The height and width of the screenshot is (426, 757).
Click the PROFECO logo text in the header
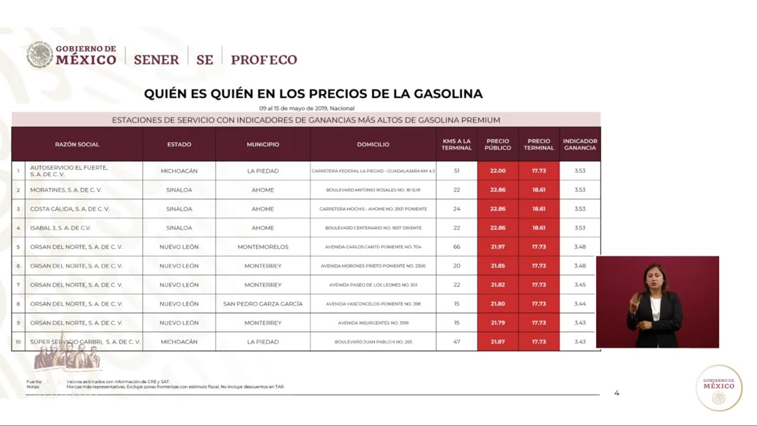tap(263, 60)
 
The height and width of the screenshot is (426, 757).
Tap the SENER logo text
tap(156, 60)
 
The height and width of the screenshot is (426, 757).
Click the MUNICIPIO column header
tap(263, 145)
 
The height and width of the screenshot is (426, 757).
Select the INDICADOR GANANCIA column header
tap(580, 145)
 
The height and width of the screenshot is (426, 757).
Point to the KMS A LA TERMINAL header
tap(457, 145)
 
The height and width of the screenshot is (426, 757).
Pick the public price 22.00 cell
tap(497, 171)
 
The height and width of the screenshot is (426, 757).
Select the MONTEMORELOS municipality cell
tap(263, 247)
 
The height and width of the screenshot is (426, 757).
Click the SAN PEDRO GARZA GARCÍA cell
tap(263, 304)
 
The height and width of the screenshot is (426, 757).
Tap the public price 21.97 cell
tap(497, 247)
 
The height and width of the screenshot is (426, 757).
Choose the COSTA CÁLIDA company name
tap(70, 209)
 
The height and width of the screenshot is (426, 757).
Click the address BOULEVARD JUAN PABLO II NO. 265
tap(373, 342)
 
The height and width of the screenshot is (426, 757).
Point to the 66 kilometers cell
tap(457, 247)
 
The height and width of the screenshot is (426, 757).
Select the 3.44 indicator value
tap(580, 304)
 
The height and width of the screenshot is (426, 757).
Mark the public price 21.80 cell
tap(497, 304)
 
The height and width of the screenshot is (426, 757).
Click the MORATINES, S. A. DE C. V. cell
tap(66, 190)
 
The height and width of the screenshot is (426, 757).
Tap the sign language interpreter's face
tap(654, 277)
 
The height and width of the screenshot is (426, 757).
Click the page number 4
tap(617, 393)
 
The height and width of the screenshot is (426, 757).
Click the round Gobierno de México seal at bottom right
tap(719, 387)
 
